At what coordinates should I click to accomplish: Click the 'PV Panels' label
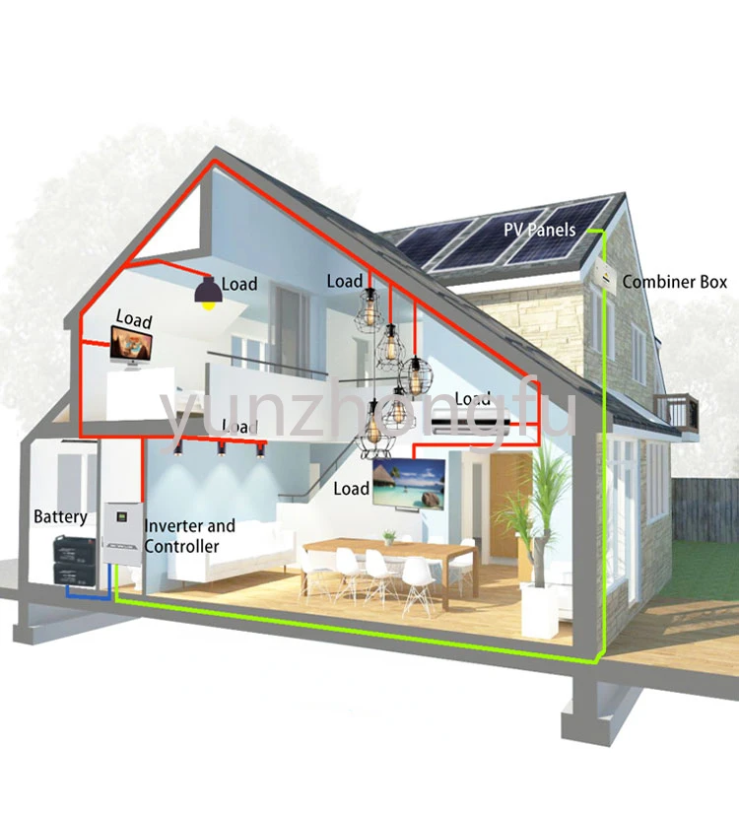tap(539, 231)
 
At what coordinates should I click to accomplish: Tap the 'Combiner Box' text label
tap(675, 282)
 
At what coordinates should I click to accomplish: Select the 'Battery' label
tap(60, 516)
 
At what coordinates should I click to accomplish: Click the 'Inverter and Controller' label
tap(189, 536)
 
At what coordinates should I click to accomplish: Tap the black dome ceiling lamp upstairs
tap(208, 292)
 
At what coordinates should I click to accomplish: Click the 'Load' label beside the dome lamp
tap(239, 285)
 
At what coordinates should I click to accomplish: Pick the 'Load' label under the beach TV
tap(352, 489)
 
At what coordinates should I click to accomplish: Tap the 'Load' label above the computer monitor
tap(134, 319)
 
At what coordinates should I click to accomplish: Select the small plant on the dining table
tap(390, 537)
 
